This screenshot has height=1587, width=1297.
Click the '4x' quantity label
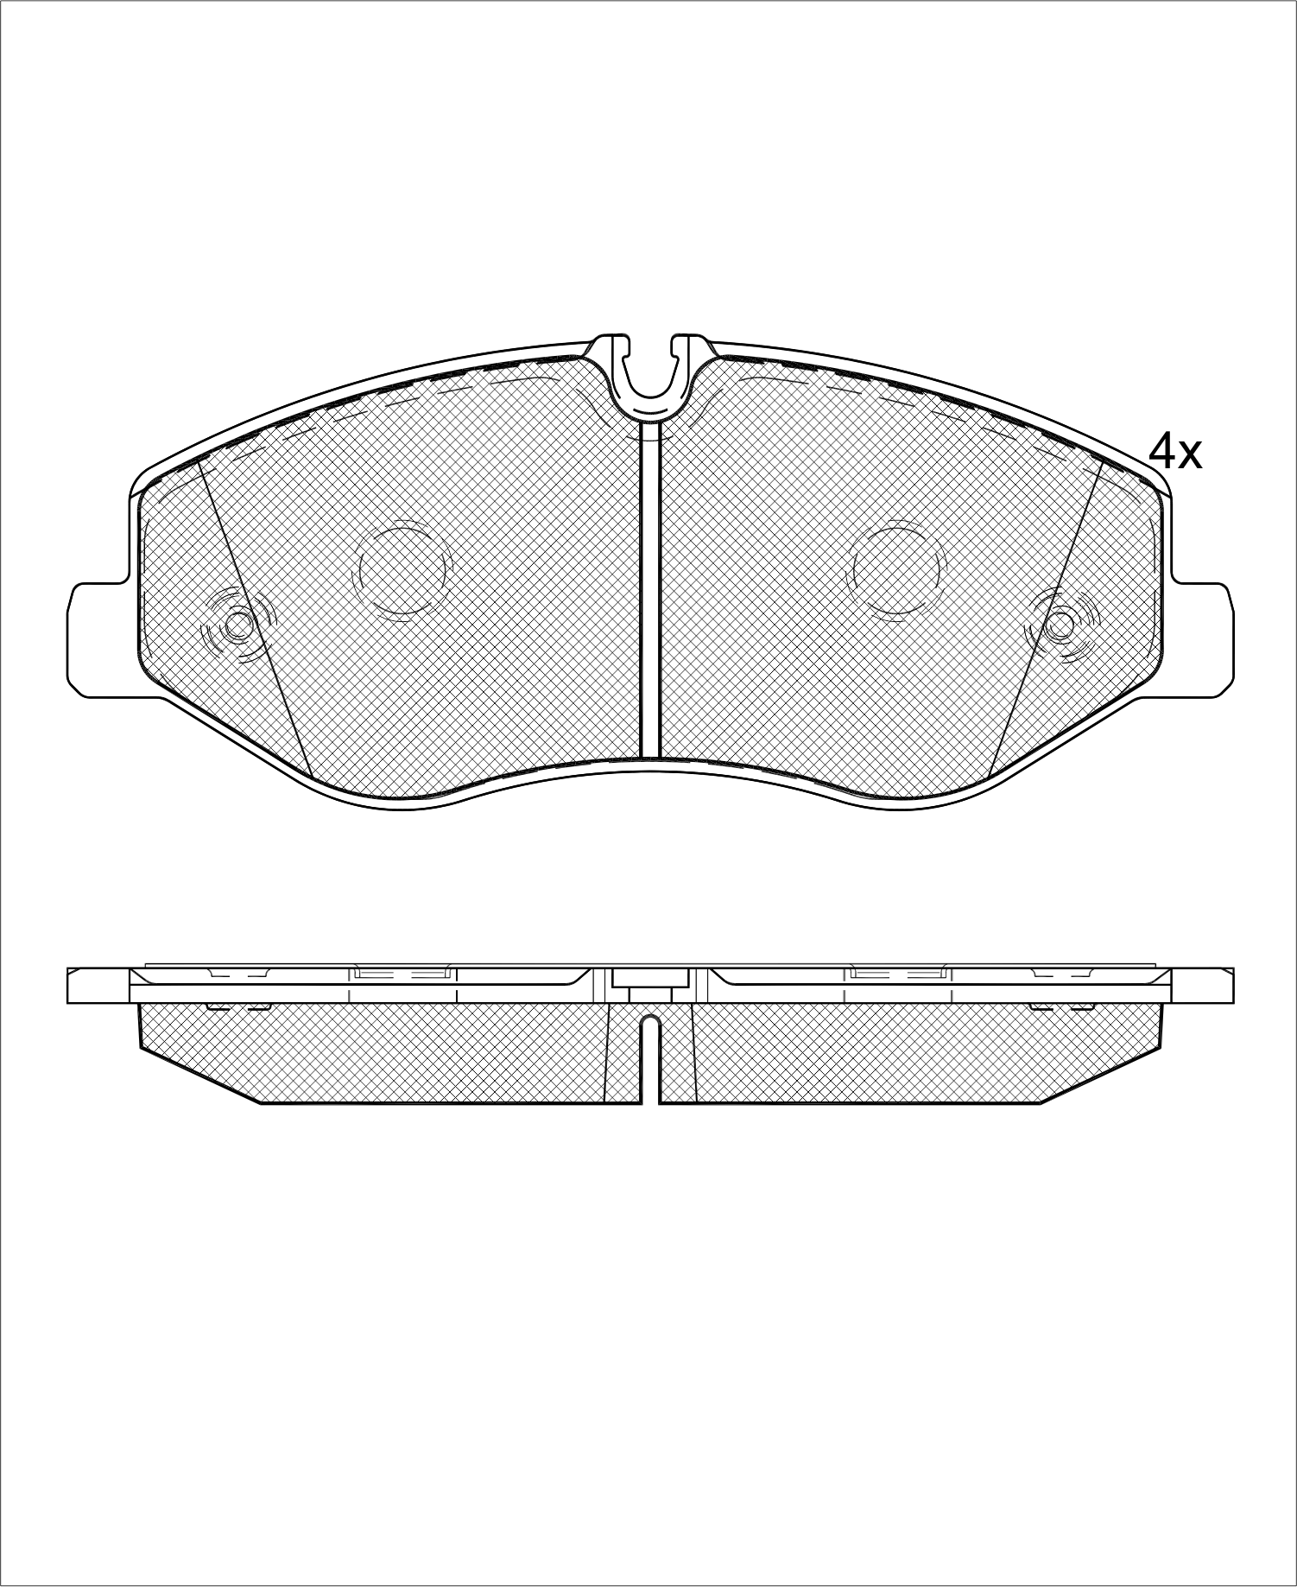pyautogui.click(x=1174, y=451)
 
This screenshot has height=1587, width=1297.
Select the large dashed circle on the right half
pyautogui.click(x=897, y=568)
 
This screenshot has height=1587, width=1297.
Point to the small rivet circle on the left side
pyautogui.click(x=238, y=624)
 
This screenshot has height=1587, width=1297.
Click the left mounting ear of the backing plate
pyautogui.click(x=99, y=640)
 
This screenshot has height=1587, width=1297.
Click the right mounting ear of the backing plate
pyautogui.click(x=1200, y=639)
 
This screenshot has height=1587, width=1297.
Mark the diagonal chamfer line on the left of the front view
pyautogui.click(x=255, y=617)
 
